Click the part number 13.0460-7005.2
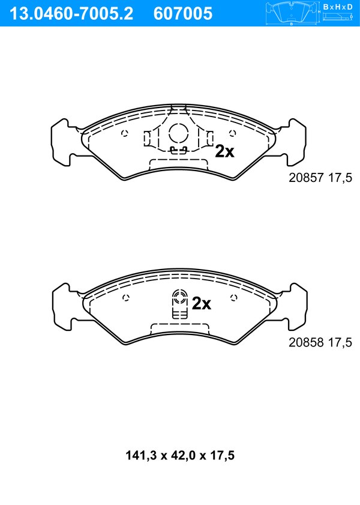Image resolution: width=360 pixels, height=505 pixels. pyautogui.click(x=71, y=14)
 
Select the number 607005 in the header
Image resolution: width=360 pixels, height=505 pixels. pyautogui.click(x=183, y=14)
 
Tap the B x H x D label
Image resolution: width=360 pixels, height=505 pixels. pyautogui.click(x=337, y=7)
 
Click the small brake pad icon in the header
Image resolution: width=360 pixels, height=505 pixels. pyautogui.click(x=292, y=13)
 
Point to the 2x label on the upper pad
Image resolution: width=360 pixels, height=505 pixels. pyautogui.click(x=224, y=151)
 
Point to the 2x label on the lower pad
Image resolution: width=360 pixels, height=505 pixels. pyautogui.click(x=202, y=303)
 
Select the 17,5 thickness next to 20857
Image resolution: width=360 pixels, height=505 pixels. pyautogui.click(x=340, y=178)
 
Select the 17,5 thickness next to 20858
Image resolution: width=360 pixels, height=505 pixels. pyautogui.click(x=340, y=342)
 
